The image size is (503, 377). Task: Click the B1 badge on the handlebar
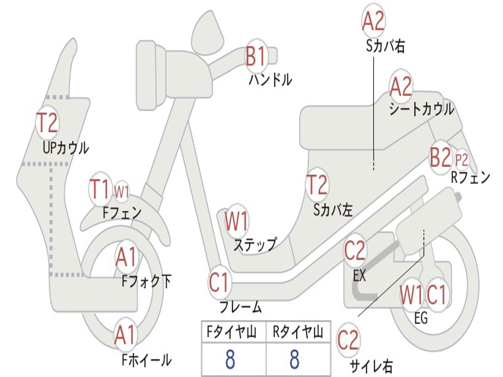tap(256, 56)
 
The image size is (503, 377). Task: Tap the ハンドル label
tap(271, 80)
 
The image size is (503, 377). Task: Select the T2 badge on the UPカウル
tap(48, 123)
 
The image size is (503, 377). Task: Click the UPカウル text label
tap(66, 148)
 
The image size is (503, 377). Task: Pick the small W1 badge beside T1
tap(122, 192)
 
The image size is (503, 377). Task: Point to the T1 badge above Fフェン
tap(100, 189)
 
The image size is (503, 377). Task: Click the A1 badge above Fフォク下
tap(126, 257)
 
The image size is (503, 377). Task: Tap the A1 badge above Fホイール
tap(126, 335)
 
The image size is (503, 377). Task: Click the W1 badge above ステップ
tap(237, 221)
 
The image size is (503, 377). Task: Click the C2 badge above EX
tap(355, 251)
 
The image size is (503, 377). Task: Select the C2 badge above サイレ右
tap(348, 340)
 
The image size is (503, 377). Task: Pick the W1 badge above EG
tap(411, 295)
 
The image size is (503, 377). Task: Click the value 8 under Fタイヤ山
tap(230, 359)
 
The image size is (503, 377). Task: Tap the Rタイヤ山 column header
tap(298, 332)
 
